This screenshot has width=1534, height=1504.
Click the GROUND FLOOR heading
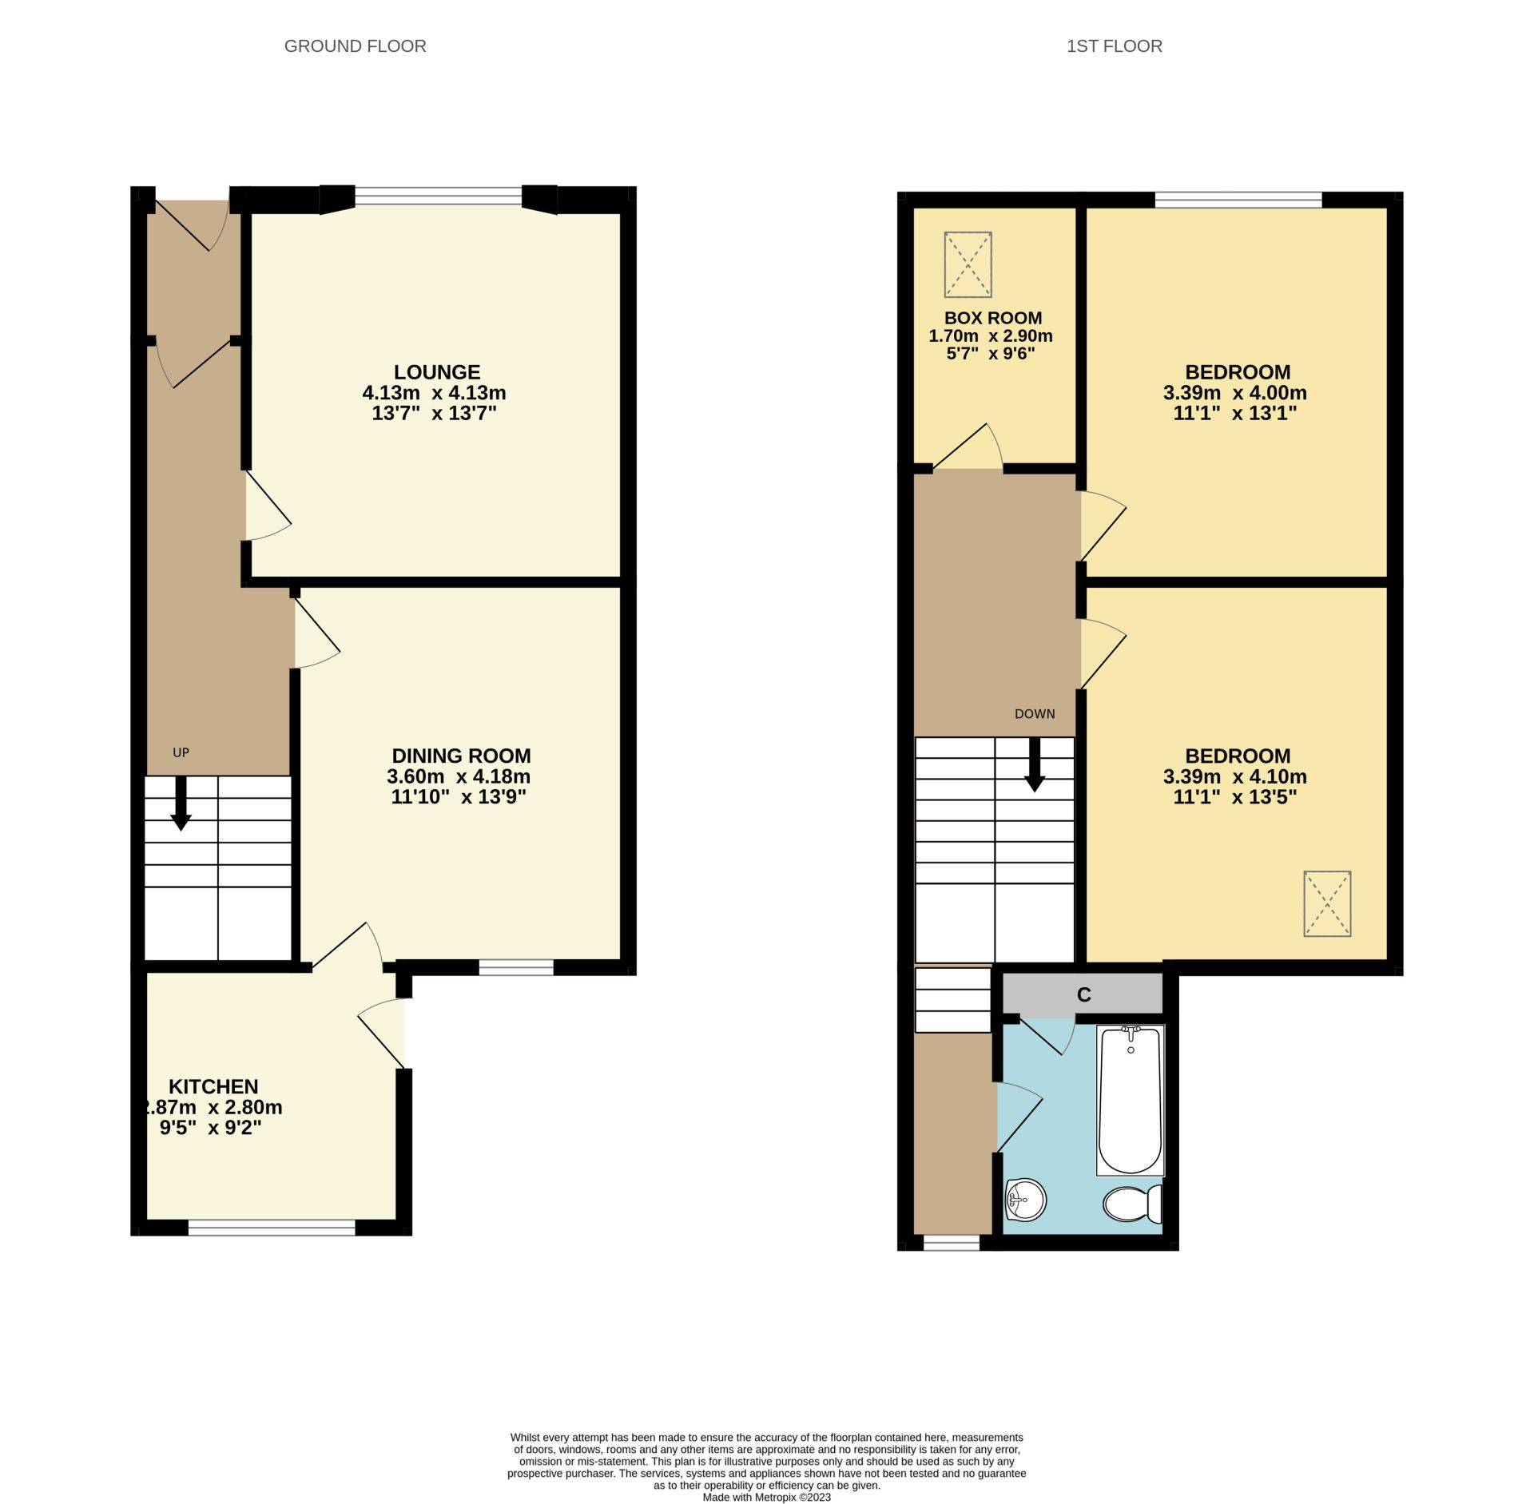coord(355,46)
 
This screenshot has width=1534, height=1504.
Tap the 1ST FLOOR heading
coord(1114,46)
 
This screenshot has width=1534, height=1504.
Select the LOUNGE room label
coord(436,372)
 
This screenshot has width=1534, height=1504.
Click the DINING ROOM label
coord(461,756)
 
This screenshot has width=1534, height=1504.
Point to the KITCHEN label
coord(213,1086)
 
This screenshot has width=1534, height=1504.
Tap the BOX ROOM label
coord(992,318)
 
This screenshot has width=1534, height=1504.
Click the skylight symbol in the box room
coord(968,264)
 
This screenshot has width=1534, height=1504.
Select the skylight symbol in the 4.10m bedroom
coord(1326,903)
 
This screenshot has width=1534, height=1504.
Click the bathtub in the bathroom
coord(1130,1100)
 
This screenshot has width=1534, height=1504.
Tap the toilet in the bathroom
coord(1133,1204)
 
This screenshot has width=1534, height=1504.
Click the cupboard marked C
coord(1083,994)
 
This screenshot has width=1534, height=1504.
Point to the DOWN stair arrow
coord(1035,765)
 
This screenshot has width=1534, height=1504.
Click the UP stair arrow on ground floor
coord(181,804)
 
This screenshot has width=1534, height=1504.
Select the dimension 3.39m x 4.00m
coord(1234,393)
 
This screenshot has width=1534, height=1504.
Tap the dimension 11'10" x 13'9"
coord(458,796)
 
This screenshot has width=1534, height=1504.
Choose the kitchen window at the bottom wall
coord(271,1227)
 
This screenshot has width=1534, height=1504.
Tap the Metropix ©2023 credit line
coord(766,1498)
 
